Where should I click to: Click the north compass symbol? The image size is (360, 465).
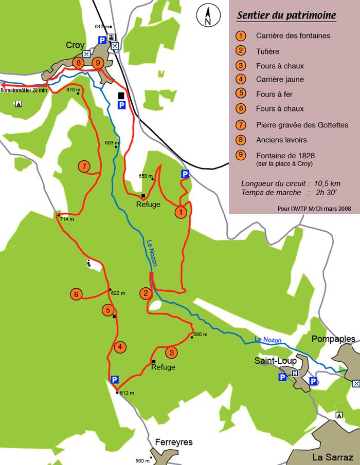tap(208, 17)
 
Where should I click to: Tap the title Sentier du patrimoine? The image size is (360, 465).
tap(286, 15)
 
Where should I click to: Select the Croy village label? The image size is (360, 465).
tap(75, 45)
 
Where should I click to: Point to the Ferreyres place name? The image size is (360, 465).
tap(174, 442)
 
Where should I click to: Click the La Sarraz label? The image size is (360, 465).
tap(332, 457)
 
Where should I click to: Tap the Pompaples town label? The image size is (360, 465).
tap(333, 339)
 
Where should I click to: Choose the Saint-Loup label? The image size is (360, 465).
tap(276, 361)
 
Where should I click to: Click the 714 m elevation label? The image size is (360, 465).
tap(67, 219)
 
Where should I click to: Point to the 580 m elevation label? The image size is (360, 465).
tap(200, 334)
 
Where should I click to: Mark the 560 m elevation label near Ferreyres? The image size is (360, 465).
tap(142, 461)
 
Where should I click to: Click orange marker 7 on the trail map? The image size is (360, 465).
tap(84, 166)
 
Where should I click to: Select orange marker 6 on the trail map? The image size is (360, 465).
tap(76, 294)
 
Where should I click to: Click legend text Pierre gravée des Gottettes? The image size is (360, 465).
tap(302, 125)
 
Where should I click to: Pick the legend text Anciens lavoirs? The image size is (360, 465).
tap(281, 140)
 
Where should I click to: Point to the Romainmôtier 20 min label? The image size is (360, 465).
tap(24, 90)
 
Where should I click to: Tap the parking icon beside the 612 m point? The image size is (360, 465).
tap(115, 380)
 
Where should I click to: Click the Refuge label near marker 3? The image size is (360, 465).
tap(163, 367)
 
